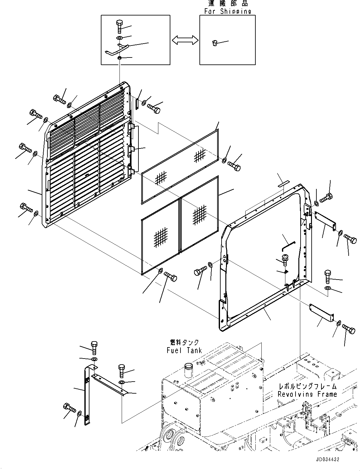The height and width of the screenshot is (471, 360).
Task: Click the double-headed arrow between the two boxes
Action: pos(185,40)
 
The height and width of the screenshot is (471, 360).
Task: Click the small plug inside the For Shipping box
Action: pos(215,43)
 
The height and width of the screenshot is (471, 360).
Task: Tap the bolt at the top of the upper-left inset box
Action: pos(119,26)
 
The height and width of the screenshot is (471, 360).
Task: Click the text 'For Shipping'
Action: pos(228,11)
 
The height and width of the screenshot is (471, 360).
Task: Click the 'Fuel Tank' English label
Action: pos(184,350)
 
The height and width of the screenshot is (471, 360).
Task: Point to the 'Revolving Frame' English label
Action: pos(307,394)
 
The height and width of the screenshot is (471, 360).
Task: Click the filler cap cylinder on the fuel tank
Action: pos(189,370)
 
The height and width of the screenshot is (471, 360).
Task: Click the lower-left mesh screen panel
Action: pos(160,238)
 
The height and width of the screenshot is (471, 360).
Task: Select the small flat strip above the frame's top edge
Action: pos(284,184)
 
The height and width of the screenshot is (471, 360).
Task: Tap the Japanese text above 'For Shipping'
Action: pos(228,3)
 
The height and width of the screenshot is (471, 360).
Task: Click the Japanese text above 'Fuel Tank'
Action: pos(184,342)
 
